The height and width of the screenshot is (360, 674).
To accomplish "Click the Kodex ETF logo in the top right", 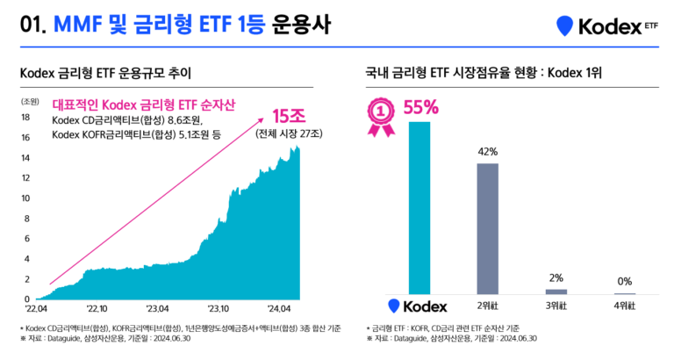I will click(x=606, y=26).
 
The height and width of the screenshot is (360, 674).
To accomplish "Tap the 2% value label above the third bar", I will click(x=556, y=277).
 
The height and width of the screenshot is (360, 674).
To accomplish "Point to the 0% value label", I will click(x=625, y=282).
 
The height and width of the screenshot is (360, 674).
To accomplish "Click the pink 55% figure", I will click(x=420, y=108).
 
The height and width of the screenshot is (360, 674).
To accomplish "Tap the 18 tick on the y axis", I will click(x=26, y=118).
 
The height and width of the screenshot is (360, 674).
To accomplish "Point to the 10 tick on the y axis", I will click(x=26, y=198).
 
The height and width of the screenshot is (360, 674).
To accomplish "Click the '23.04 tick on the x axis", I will click(x=158, y=309).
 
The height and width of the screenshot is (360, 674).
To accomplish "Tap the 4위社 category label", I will click(x=624, y=306).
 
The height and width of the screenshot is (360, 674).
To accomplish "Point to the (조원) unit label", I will click(x=30, y=101).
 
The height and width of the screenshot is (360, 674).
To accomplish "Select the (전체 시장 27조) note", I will click(x=289, y=134).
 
